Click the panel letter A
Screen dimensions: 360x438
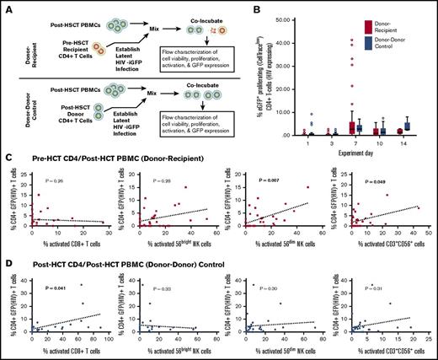(5, 5)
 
